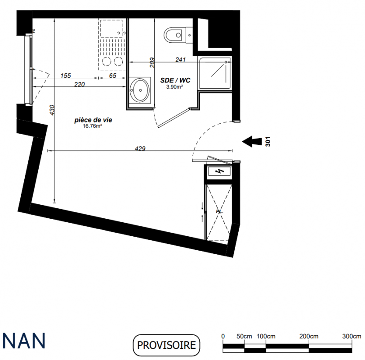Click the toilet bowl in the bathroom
click(174, 35)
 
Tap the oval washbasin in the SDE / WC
click(140, 90)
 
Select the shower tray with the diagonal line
click(214, 72)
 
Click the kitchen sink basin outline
click(111, 28)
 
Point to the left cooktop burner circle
click(107, 62)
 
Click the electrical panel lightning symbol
click(219, 171)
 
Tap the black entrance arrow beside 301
click(252, 141)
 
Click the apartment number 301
click(268, 141)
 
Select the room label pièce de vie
click(93, 120)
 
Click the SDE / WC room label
click(175, 81)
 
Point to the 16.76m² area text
click(93, 126)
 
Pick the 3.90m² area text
click(174, 87)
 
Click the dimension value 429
click(140, 148)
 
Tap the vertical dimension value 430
click(52, 110)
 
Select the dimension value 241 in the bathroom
click(180, 60)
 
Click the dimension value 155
click(66, 76)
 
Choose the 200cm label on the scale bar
click(309, 336)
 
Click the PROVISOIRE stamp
click(166, 345)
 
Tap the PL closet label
click(219, 211)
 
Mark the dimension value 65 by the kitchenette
click(113, 76)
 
